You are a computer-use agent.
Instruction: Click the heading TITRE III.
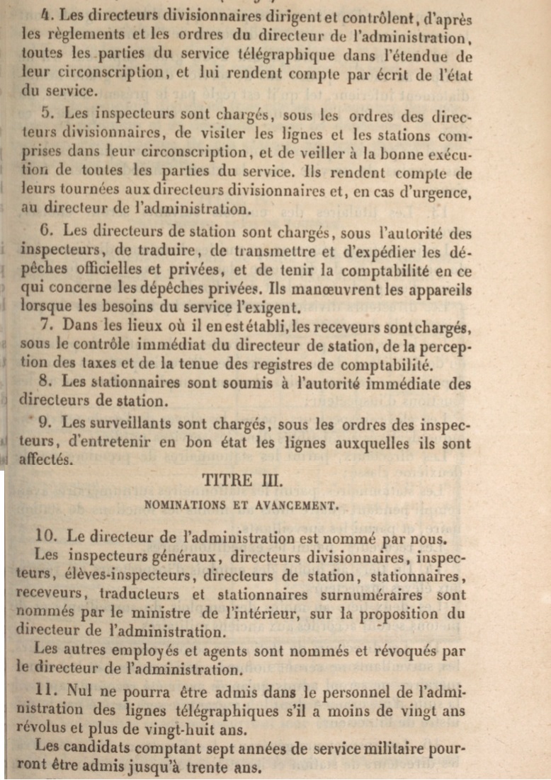pyautogui.click(x=242, y=480)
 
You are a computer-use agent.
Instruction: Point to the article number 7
pyautogui.click(x=47, y=326)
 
